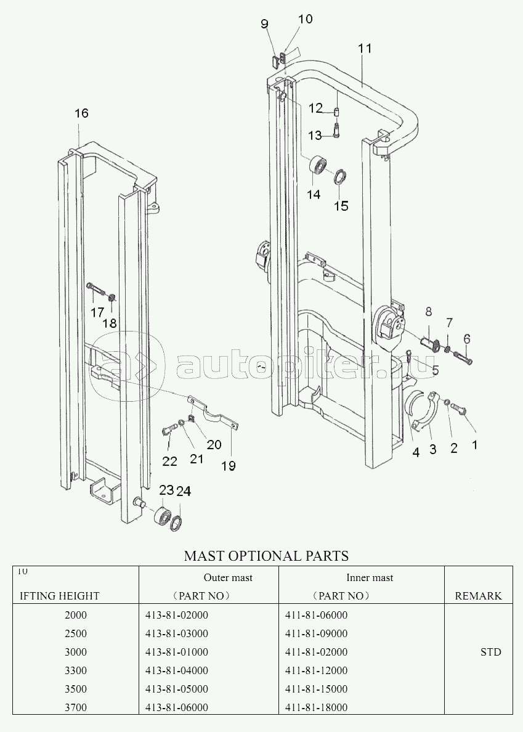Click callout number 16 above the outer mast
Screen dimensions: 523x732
[81, 113]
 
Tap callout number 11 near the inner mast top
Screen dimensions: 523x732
[365, 48]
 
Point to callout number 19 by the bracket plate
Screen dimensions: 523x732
[229, 465]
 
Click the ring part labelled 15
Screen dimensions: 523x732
[340, 178]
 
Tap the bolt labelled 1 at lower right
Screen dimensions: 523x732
[464, 411]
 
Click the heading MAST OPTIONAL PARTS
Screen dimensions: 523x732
[266, 556]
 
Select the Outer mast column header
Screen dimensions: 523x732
[228, 577]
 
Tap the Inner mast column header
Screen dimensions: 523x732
[370, 577]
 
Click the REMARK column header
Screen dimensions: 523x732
[478, 596]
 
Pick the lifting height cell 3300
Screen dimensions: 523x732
[76, 670]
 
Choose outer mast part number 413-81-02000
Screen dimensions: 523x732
[177, 615]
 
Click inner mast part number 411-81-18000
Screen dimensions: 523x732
[316, 707]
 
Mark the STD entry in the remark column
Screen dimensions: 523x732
[491, 652]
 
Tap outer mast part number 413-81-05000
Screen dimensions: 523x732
[177, 689]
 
